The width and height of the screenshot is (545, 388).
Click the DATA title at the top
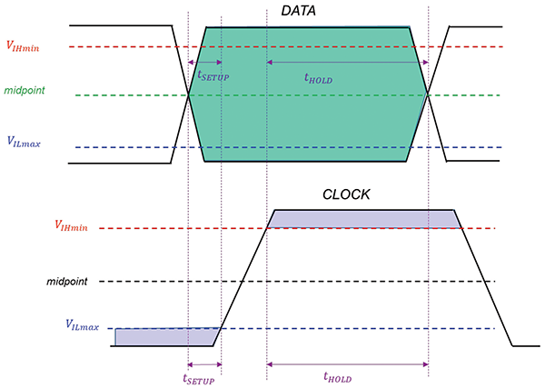[x=304, y=12]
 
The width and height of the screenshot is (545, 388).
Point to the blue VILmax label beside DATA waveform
[x=25, y=142]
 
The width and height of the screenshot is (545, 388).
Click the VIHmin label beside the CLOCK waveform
[x=72, y=224]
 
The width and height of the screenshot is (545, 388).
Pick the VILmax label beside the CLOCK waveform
[x=82, y=324]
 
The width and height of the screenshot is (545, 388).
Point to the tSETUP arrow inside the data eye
[x=203, y=62]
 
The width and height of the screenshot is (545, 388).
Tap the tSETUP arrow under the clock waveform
[x=203, y=364]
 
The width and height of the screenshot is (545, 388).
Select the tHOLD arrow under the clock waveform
[x=347, y=364]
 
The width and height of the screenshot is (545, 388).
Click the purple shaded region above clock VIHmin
[x=363, y=218]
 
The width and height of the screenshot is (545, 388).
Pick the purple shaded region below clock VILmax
[x=163, y=336]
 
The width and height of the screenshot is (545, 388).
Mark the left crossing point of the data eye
[x=188, y=95]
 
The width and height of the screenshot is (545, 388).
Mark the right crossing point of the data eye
[x=428, y=95]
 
